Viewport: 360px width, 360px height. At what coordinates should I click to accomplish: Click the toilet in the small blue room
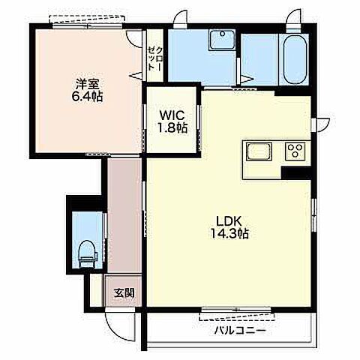(x=88, y=253)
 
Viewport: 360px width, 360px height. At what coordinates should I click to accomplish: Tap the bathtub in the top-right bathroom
(x=295, y=59)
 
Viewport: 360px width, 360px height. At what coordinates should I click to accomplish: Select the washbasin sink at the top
(x=222, y=40)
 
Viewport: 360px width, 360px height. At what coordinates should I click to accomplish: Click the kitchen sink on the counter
(x=259, y=151)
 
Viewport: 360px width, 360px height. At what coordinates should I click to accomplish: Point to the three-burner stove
(x=296, y=151)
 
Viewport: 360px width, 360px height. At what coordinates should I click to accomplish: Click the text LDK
(x=229, y=221)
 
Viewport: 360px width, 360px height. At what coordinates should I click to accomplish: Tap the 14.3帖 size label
(x=229, y=234)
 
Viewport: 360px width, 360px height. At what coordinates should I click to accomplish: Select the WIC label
(x=172, y=115)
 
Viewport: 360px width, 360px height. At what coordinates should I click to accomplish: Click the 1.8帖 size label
(x=172, y=128)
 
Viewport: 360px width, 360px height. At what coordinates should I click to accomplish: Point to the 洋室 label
(x=87, y=84)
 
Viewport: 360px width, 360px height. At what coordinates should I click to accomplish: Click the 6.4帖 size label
(x=87, y=97)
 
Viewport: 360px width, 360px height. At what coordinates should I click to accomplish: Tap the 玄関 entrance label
(x=124, y=292)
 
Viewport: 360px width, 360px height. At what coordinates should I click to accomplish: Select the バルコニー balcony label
(x=240, y=331)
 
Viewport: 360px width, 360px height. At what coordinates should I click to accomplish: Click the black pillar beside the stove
(x=296, y=172)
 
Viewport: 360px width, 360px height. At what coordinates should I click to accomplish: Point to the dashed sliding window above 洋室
(x=87, y=19)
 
